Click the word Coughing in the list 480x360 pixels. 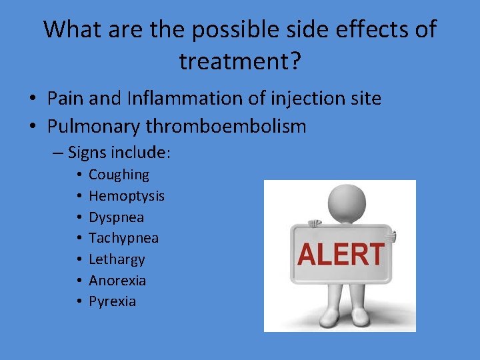pos(119,175)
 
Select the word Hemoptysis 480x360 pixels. pos(127,196)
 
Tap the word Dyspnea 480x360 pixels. pos(116,217)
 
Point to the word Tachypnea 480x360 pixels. pos(123,238)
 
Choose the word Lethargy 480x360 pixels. pos(117,259)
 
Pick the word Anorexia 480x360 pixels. pos(117,281)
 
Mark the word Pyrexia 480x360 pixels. pos(112,301)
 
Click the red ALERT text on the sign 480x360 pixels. pos(341,255)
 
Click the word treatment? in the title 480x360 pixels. pos(239,61)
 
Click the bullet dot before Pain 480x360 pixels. pos(32,99)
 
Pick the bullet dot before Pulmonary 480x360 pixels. pos(32,127)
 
